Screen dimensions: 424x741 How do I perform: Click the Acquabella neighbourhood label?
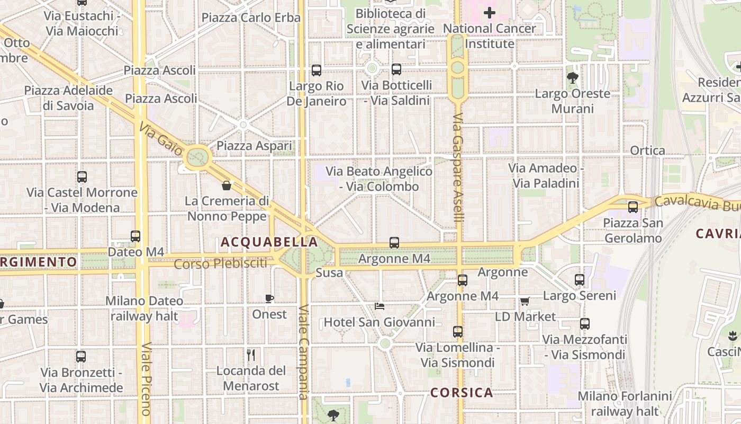[269, 242]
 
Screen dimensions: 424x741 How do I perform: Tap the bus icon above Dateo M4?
[135, 236]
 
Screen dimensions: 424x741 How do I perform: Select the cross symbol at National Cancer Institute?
[490, 12]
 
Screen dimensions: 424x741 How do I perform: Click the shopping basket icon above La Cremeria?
[227, 185]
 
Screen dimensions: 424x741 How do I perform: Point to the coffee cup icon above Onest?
[269, 298]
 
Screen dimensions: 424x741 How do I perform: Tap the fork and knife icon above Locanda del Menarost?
[251, 355]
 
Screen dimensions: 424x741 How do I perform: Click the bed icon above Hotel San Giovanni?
[379, 306]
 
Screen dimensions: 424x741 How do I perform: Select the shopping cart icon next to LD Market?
[525, 301]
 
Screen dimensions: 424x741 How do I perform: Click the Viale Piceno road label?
[146, 379]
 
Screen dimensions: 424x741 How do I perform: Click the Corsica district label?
[462, 393]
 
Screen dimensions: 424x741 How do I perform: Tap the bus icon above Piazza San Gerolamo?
[633, 207]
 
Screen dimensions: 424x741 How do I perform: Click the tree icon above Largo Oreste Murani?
[572, 78]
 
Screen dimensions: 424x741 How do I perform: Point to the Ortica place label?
[647, 151]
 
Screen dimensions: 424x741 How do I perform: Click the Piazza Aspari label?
[254, 146]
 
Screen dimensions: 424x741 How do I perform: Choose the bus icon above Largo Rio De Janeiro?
[317, 70]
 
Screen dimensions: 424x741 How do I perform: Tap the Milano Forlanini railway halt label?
[625, 403]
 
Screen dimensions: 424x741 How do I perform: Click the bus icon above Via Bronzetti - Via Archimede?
[81, 357]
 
